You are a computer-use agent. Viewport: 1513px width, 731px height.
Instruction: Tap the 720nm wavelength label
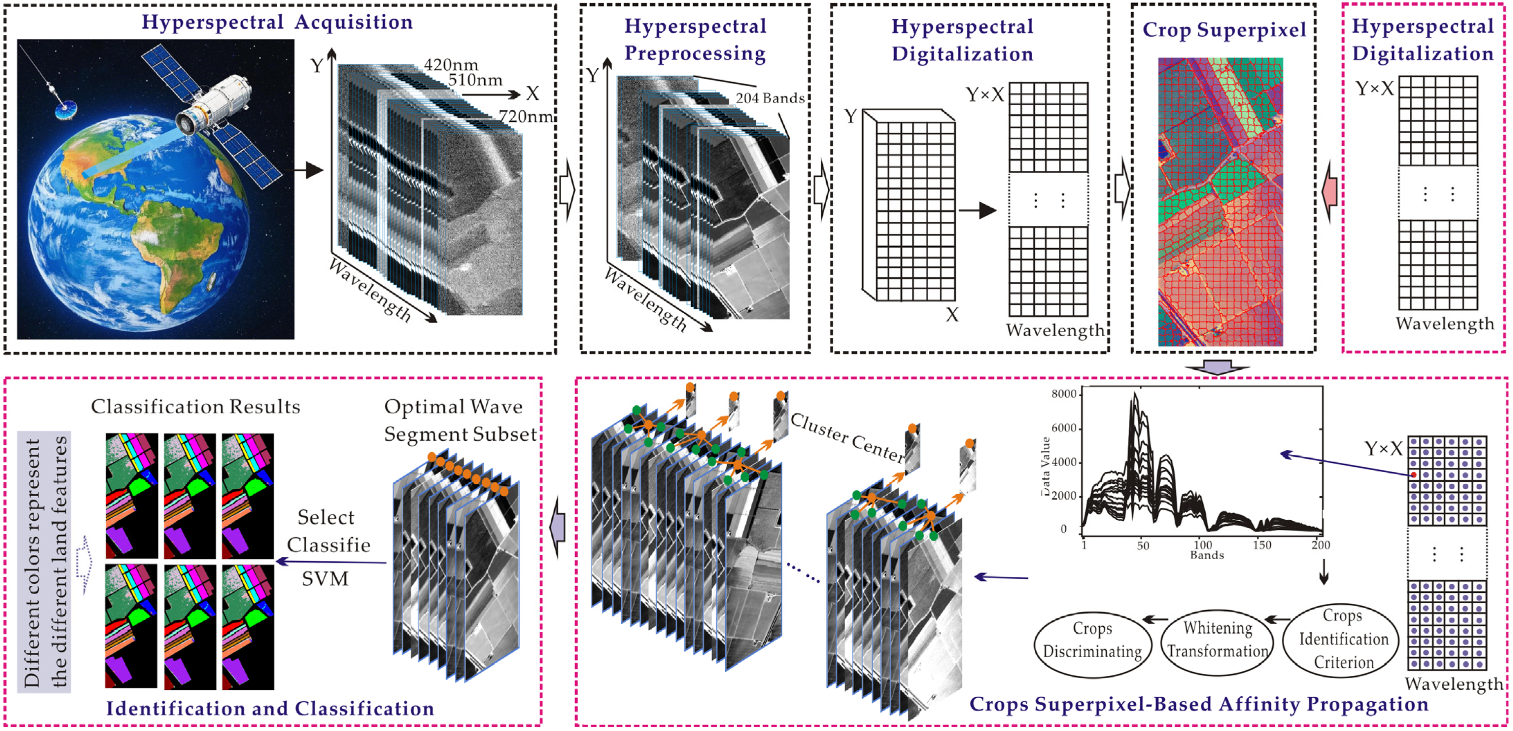(x=525, y=116)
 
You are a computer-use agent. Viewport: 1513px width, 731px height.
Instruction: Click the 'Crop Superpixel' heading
(x=1224, y=29)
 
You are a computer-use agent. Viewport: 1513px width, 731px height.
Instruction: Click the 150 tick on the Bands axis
(x=1262, y=545)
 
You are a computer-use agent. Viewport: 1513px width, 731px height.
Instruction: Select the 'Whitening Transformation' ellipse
(x=1217, y=639)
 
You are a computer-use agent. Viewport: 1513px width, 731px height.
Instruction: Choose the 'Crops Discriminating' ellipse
(x=1092, y=640)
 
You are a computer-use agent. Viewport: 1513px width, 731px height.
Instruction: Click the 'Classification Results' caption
(x=195, y=407)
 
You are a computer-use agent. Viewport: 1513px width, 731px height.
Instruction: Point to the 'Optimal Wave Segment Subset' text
(x=459, y=420)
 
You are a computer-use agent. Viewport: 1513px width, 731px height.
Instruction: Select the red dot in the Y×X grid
(x=1414, y=475)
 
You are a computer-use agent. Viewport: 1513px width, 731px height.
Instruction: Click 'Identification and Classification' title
(x=270, y=708)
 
